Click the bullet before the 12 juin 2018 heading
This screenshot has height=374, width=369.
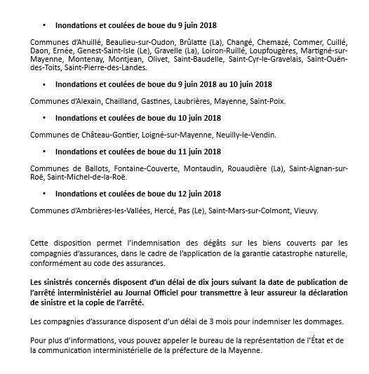tap(43, 194)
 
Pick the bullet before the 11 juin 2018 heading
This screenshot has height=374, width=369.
tap(43, 152)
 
